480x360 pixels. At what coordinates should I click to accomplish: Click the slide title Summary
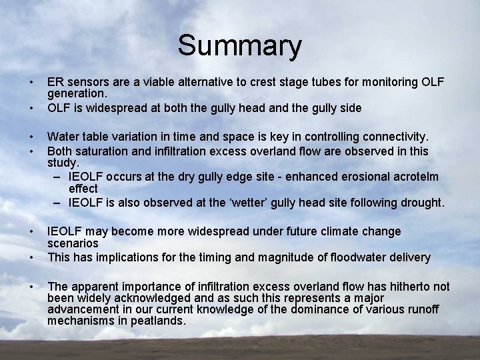[x=239, y=47]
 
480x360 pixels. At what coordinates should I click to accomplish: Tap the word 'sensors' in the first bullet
[x=85, y=82]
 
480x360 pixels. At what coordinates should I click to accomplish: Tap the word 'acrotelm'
[x=426, y=177]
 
